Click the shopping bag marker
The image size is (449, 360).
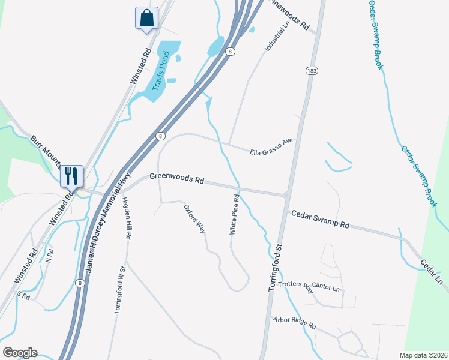coord(146,19)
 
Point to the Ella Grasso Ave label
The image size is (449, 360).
coord(271,148)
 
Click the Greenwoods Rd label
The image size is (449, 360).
coord(177,179)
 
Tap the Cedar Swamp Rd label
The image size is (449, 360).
coord(320,220)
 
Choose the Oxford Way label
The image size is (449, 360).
coord(195,218)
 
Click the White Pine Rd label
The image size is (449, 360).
coord(235,214)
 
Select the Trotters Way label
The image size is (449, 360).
coord(296,287)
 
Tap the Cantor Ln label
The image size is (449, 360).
coord(327,289)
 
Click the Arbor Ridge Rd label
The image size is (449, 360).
coord(294,323)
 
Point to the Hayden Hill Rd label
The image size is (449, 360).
coord(127,218)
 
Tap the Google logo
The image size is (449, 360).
coord(20,353)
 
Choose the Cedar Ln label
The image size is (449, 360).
coord(431,272)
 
